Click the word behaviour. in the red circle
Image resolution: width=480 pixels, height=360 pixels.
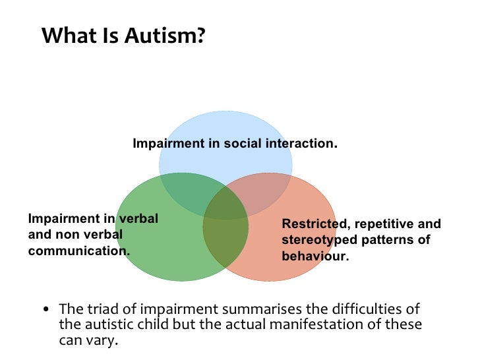(315, 256)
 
